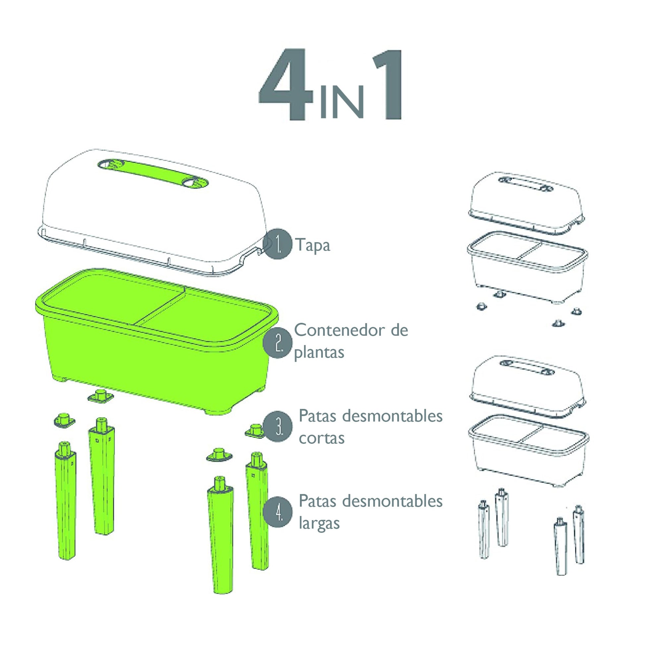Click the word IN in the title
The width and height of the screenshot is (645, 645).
click(341, 102)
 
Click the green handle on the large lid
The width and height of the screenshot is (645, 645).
click(153, 173)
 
